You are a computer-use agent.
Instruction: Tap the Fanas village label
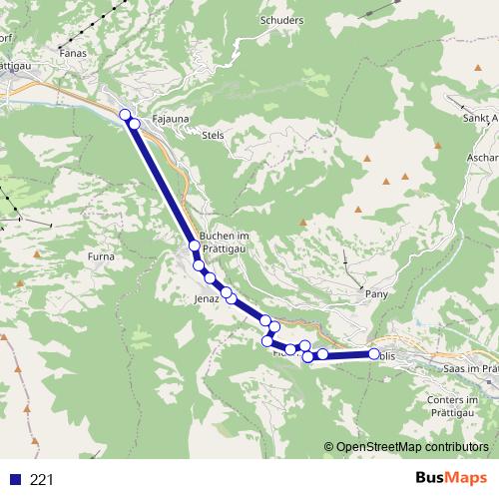point(73,52)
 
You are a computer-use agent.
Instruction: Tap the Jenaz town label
point(207,298)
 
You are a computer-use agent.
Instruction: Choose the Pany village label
point(376,294)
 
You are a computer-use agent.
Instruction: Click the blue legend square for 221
point(15,479)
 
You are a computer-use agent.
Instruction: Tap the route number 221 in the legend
point(42,479)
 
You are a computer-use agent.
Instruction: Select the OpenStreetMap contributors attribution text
point(411,446)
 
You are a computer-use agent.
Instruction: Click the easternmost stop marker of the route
point(375,354)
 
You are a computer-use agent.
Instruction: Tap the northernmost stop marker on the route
point(126,115)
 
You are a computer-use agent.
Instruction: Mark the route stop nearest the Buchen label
point(195,245)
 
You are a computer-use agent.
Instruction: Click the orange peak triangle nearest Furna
point(36,255)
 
